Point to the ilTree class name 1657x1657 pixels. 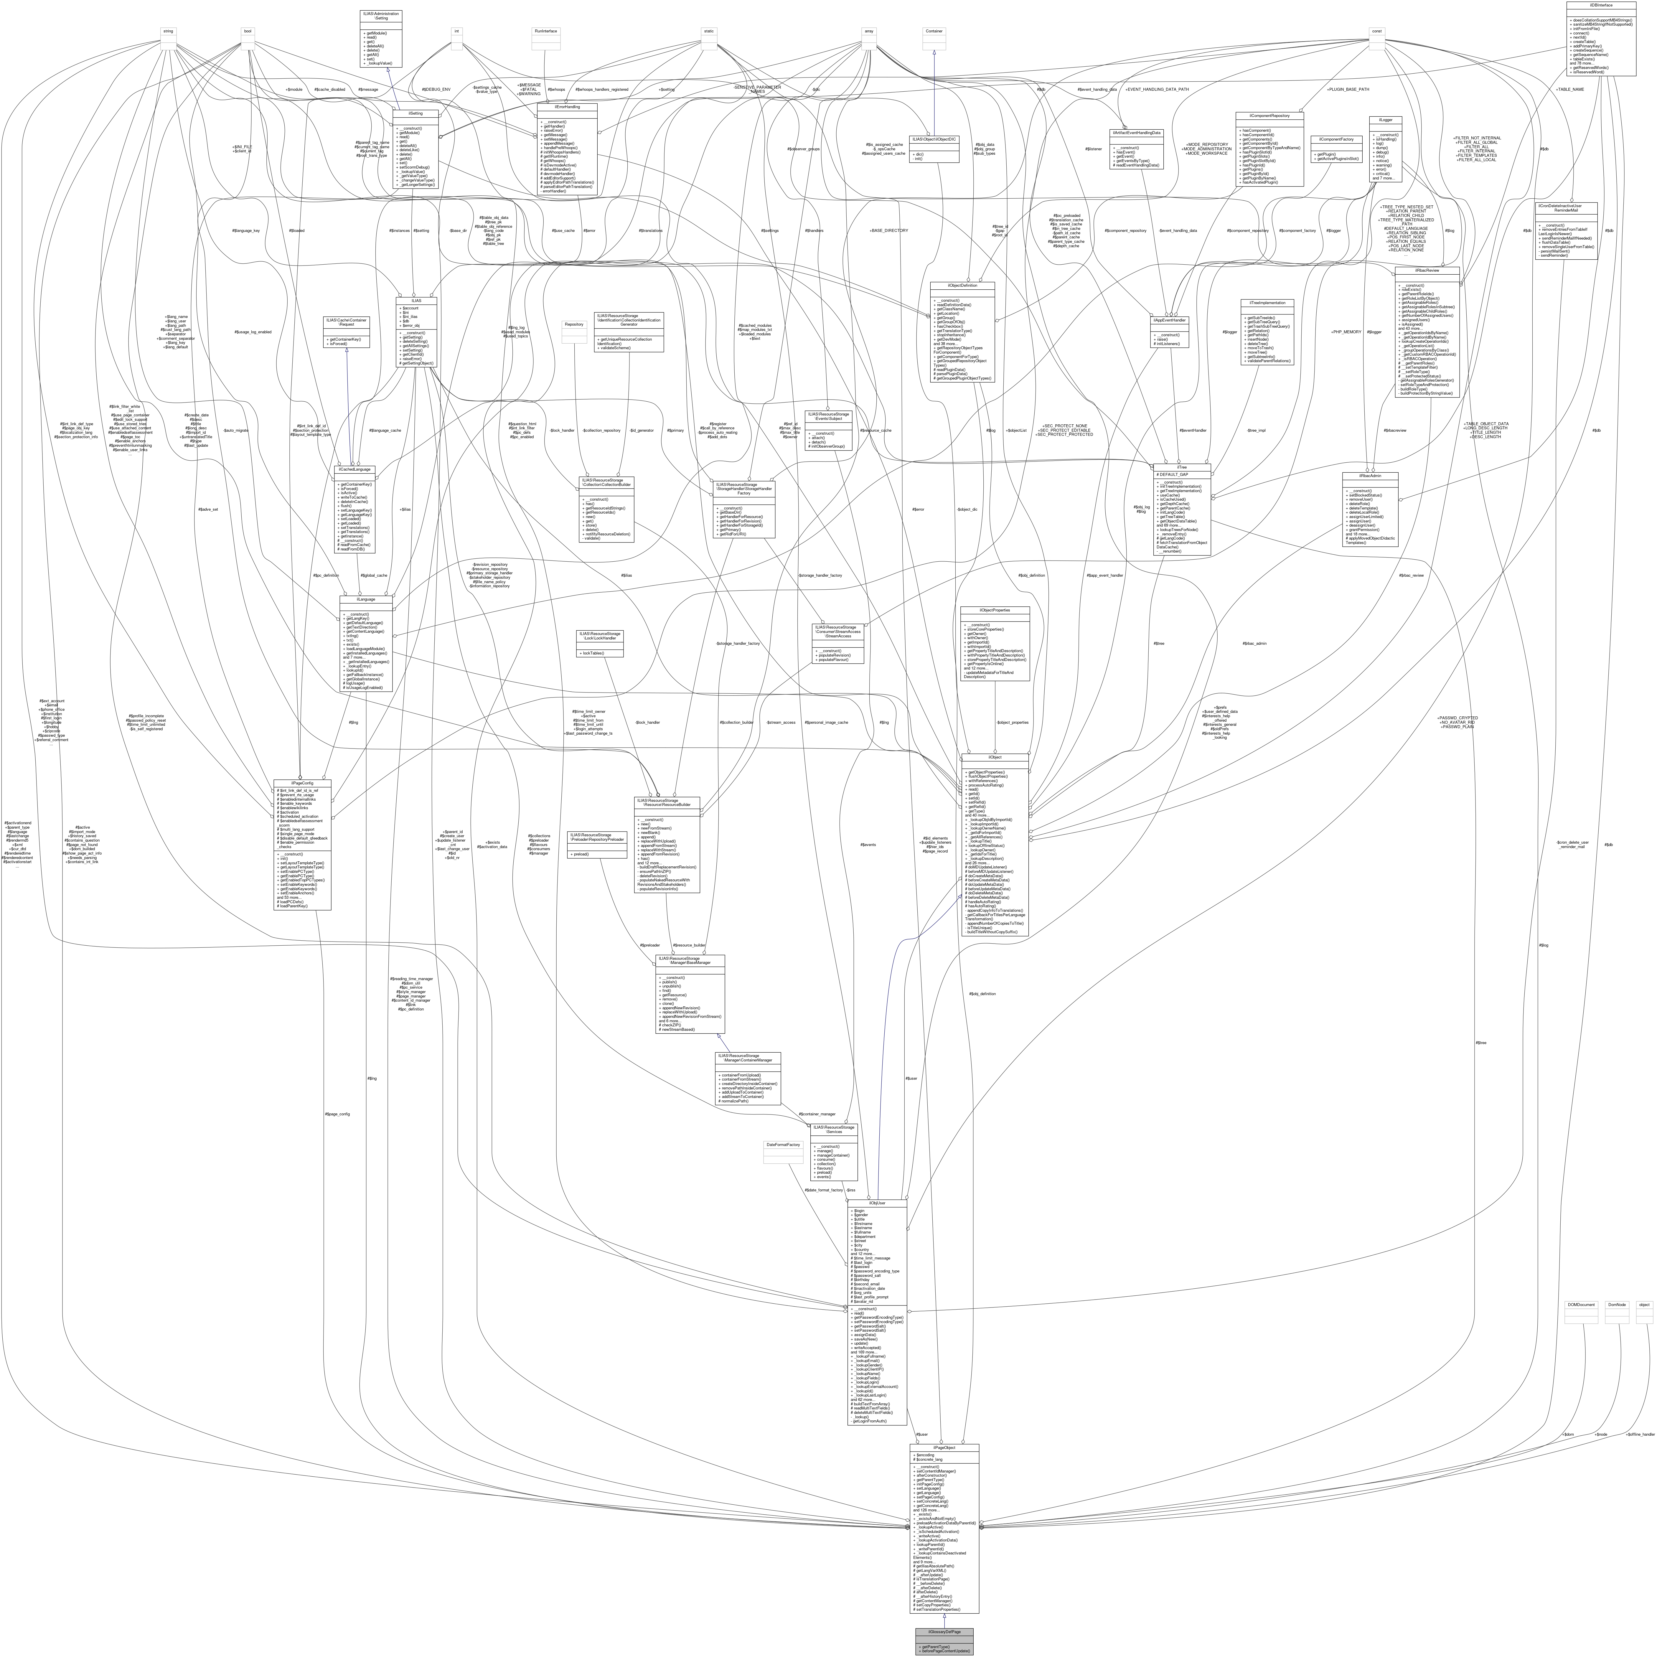click(1181, 467)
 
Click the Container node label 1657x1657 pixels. click(934, 31)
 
